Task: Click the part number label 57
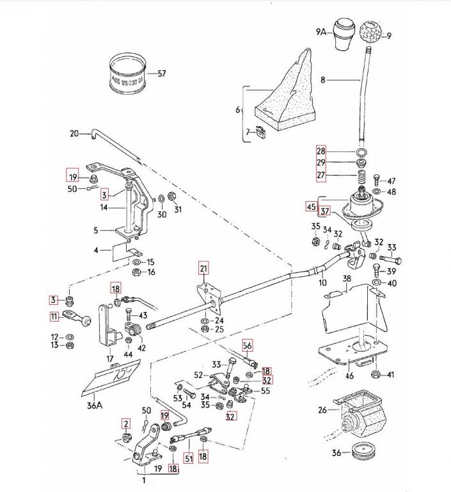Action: click(161, 74)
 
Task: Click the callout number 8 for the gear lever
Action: click(323, 80)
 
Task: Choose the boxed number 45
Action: click(312, 207)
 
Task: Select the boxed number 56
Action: click(248, 345)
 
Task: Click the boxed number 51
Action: click(188, 457)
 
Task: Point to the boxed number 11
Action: click(55, 315)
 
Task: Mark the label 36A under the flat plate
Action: click(94, 405)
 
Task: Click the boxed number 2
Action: click(126, 423)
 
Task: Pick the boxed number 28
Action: click(321, 151)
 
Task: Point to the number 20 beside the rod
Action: click(74, 134)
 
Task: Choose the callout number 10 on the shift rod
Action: click(322, 283)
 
